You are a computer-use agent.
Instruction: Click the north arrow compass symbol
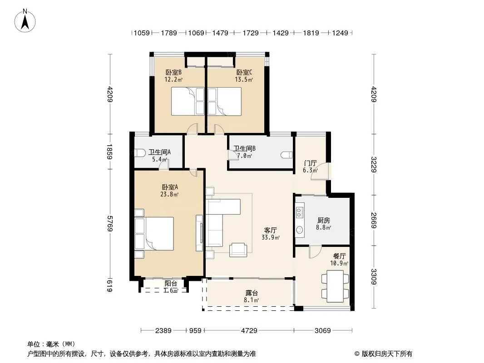click(x=25, y=21)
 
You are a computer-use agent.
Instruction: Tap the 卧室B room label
click(x=173, y=73)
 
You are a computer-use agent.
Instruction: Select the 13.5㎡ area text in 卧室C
click(x=244, y=79)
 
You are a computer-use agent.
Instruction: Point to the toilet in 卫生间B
click(x=287, y=155)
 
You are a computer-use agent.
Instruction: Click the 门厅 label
click(x=310, y=163)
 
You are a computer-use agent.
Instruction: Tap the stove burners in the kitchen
click(x=299, y=212)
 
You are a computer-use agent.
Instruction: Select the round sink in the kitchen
click(x=299, y=230)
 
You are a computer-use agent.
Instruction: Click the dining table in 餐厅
click(x=335, y=286)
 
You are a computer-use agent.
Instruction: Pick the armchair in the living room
click(x=238, y=250)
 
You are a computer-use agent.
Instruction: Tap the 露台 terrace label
click(x=251, y=293)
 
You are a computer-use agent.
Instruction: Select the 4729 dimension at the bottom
click(x=249, y=331)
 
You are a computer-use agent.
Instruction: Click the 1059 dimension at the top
click(x=141, y=33)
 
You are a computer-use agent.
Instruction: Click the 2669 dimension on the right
click(x=374, y=220)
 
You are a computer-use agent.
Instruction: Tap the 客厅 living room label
click(x=271, y=231)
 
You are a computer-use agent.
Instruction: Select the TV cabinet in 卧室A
click(x=199, y=233)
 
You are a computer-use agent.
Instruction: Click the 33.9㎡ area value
click(x=271, y=237)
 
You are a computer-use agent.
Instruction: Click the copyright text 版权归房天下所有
click(x=386, y=354)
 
